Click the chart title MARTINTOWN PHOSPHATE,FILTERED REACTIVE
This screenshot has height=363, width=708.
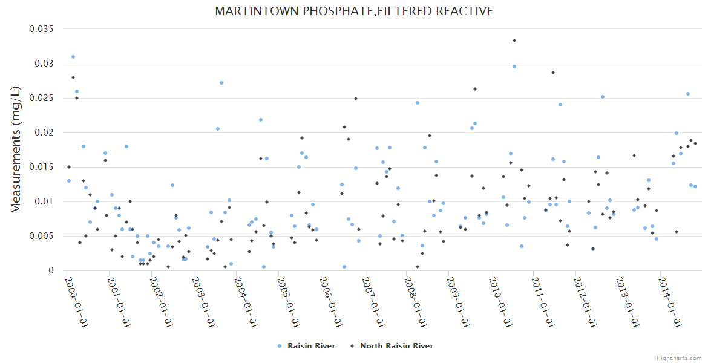(x=354, y=11)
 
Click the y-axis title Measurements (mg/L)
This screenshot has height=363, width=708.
(x=16, y=149)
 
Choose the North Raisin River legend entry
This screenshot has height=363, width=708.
(x=396, y=346)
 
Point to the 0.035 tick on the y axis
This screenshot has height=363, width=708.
(x=42, y=29)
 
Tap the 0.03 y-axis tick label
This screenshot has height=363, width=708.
(x=45, y=64)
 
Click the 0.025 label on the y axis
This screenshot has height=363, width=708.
(x=42, y=98)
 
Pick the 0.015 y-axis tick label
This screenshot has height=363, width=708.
(x=42, y=167)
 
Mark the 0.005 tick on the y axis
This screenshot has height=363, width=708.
(x=42, y=236)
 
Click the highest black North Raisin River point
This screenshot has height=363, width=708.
(x=514, y=41)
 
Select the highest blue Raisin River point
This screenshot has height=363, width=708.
(x=73, y=57)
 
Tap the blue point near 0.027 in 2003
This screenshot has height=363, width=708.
(x=221, y=83)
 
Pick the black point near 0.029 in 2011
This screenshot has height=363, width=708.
(x=553, y=73)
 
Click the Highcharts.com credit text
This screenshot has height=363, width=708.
(x=680, y=358)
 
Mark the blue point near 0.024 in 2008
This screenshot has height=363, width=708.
(x=418, y=103)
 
